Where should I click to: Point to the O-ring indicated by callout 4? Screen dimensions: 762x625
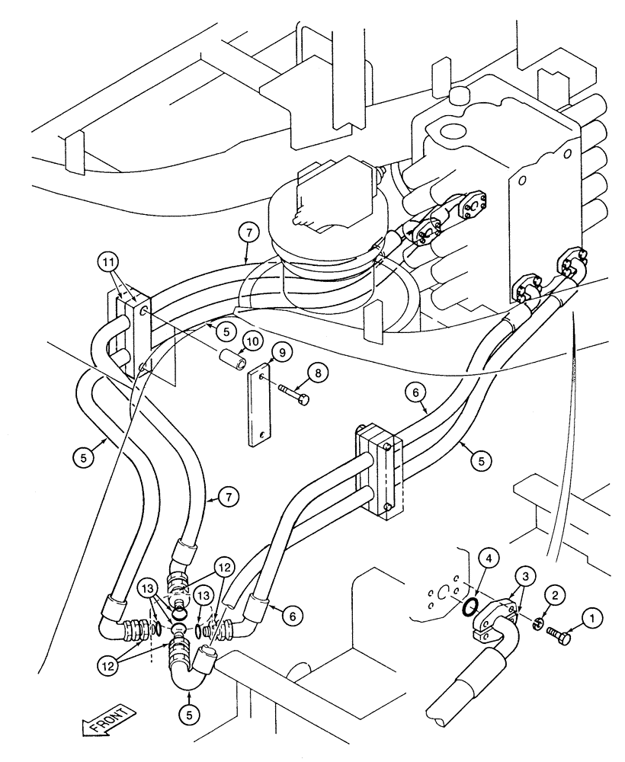(472, 607)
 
